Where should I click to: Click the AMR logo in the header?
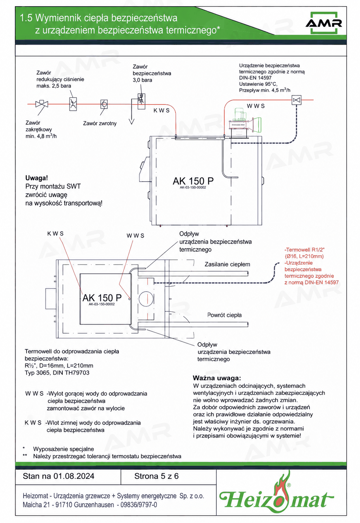pos(324,23)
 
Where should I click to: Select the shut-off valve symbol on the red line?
pos(42,104)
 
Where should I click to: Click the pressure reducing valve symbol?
pos(73,104)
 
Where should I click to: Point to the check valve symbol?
pos(104,104)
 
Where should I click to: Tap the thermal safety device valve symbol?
pos(296,100)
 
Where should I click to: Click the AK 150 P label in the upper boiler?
pos(193,181)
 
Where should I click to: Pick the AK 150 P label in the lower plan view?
pos(102,298)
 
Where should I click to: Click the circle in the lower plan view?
pos(146,299)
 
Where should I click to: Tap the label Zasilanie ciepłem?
pos(227,264)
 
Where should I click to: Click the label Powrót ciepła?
pos(224,315)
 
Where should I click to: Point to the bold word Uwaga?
pos(36,178)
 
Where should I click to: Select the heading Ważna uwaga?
pos(217,378)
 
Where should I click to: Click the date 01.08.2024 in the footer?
pos(74,476)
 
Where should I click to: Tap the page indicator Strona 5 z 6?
pos(156,476)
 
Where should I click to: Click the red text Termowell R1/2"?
pos(305,250)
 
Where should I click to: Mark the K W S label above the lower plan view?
pos(55,233)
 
